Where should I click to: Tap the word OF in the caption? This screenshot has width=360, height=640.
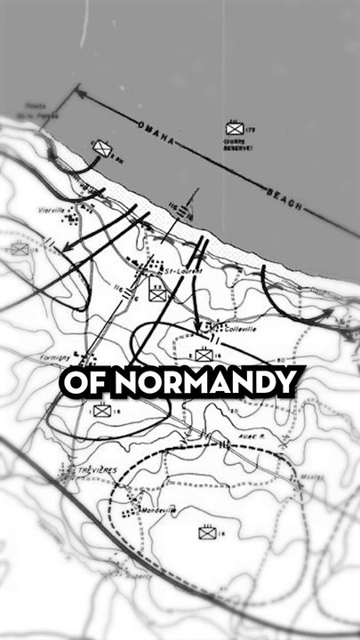coord(85,382)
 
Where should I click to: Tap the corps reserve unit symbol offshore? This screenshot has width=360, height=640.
coord(234,129)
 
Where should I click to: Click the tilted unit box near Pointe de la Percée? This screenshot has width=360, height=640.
coord(102,149)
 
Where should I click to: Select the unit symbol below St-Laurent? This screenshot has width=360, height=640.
coord(158,293)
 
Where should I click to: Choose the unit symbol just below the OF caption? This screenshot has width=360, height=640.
coord(100,411)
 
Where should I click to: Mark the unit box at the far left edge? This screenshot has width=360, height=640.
coord(19,250)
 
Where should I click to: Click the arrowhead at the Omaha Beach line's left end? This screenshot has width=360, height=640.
coord(75,92)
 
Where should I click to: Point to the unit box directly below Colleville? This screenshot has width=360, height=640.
coord(204,355)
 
